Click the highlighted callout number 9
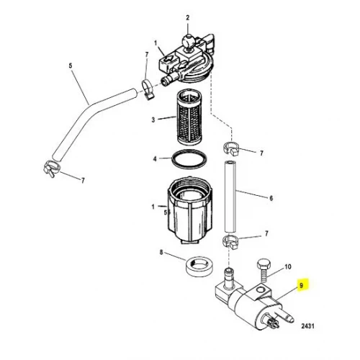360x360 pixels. [x=302, y=286]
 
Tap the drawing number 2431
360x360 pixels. [x=307, y=326]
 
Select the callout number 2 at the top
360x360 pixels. [x=188, y=17]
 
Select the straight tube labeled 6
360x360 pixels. [x=230, y=197]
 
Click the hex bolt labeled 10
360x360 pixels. [x=264, y=271]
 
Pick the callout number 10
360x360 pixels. [x=288, y=266]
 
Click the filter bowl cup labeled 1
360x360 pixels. [x=190, y=210]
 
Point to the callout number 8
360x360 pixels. [x=161, y=252]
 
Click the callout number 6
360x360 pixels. [x=271, y=198]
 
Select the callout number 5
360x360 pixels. [x=71, y=66]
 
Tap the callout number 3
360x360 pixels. [x=153, y=120]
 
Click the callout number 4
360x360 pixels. [x=155, y=159]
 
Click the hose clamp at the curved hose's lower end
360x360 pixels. [x=52, y=168]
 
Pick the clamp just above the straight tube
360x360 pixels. [x=231, y=149]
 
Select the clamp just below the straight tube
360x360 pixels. [x=231, y=242]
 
